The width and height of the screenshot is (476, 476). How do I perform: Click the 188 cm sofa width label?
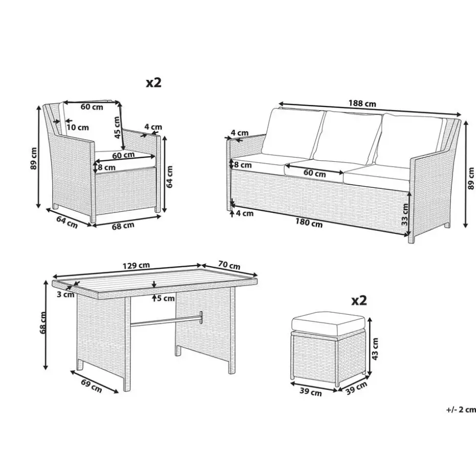[362, 103]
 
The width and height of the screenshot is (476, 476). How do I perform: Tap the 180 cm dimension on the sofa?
[309, 223]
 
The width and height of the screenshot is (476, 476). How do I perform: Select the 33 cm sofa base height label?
[405, 214]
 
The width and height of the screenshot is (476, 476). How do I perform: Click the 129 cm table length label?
[136, 266]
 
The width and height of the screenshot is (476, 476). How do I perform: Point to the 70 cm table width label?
[229, 265]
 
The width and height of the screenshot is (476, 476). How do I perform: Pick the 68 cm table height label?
[43, 322]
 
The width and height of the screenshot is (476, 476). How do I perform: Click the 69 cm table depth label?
[92, 385]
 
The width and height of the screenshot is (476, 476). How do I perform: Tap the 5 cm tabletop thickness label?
[166, 298]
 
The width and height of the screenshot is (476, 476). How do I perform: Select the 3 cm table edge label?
[66, 294]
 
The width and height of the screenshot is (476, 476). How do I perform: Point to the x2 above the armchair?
[154, 82]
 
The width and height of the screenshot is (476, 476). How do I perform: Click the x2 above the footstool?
[359, 300]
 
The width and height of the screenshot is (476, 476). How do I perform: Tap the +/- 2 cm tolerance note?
[461, 409]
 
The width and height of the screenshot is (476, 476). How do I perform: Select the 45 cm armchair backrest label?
[117, 127]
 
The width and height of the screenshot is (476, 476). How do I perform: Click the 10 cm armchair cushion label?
[78, 127]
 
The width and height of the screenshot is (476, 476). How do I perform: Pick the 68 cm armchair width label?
[123, 226]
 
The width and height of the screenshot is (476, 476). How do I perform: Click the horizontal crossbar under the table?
[166, 321]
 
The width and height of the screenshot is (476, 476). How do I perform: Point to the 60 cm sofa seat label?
[314, 174]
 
